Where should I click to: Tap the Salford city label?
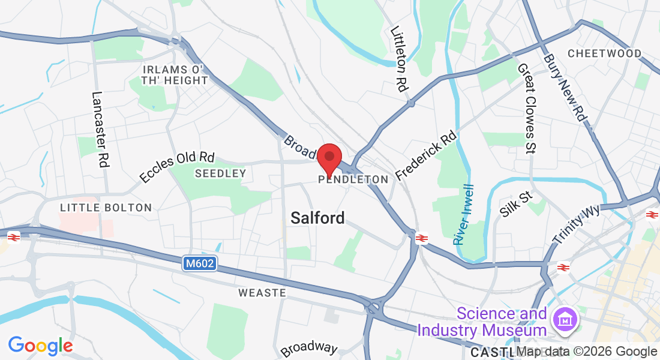point(317,218)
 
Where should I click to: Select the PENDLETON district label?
point(354,179)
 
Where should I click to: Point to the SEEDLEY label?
point(221,173)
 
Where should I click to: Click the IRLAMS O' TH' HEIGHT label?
point(175,75)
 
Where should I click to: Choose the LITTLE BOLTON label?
point(106,208)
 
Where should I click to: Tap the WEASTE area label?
point(262,293)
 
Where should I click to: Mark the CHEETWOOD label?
point(604,53)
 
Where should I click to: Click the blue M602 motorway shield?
point(200,263)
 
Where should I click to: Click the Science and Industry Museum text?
point(482,322)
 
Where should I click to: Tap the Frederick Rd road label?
point(426,157)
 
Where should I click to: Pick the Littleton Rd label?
point(399,58)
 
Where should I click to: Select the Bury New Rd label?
point(564,88)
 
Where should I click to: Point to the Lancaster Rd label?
point(100,129)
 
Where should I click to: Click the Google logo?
point(40,346)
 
